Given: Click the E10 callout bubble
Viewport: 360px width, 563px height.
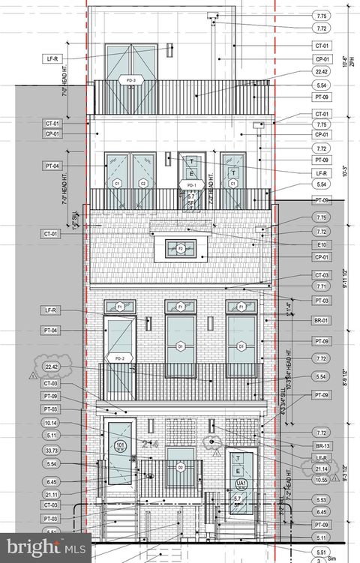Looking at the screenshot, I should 321,244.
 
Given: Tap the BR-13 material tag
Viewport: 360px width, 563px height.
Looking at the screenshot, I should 321,445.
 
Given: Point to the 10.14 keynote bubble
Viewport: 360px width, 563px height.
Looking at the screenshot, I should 51,423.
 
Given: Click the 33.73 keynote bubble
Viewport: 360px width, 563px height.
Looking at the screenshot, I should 51,451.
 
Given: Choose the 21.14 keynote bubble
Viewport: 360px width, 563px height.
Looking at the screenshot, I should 321,469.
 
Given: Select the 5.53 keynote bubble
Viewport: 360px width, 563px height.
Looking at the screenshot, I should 321,499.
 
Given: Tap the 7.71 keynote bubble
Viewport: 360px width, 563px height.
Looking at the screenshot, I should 321,286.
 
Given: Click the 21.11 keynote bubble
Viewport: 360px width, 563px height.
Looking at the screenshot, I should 51,494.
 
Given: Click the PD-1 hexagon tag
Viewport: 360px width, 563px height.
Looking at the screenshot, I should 190,184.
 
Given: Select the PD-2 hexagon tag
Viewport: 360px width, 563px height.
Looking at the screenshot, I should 119,358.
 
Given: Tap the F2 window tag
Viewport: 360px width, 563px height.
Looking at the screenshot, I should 181,247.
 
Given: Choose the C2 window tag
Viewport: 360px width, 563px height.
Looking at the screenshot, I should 143,183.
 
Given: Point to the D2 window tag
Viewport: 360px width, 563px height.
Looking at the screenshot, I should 180,467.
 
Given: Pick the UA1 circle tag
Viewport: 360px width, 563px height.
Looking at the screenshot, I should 241,484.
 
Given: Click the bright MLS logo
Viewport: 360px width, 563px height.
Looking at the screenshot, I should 45,547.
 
